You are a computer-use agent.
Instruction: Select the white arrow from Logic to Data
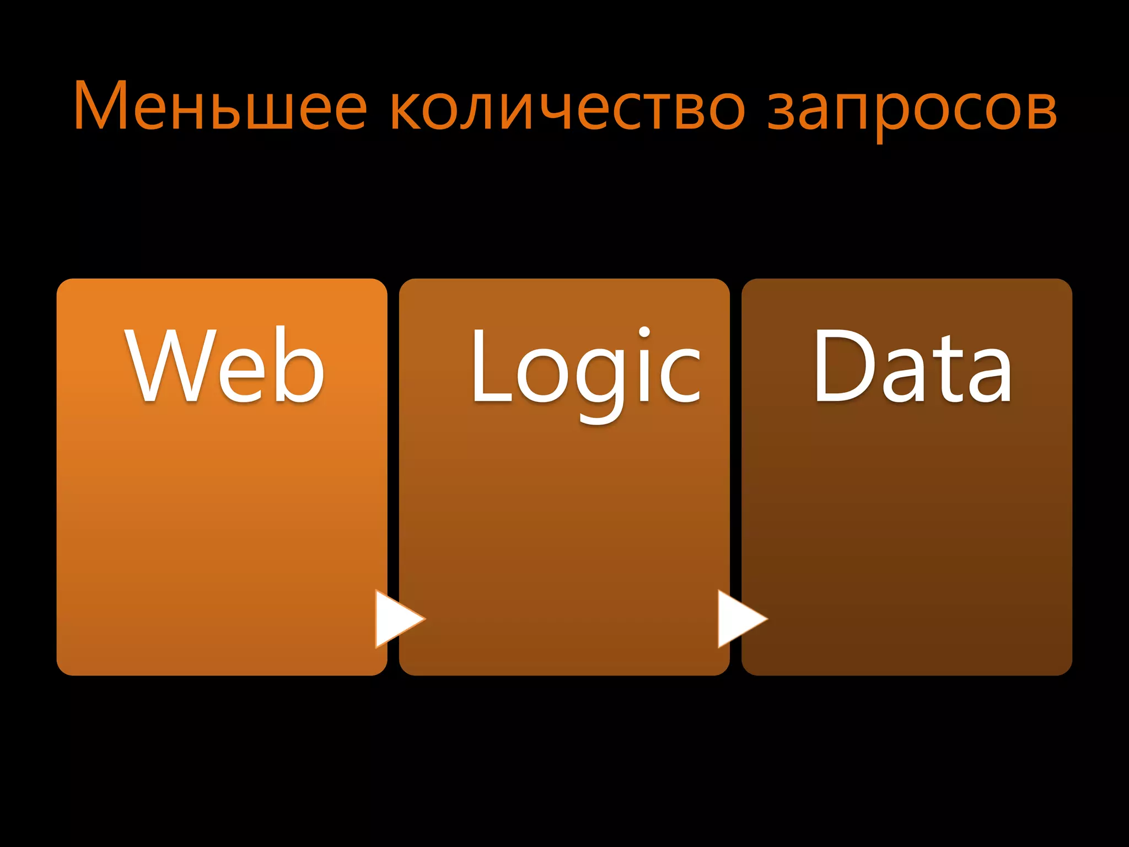click(740, 618)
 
